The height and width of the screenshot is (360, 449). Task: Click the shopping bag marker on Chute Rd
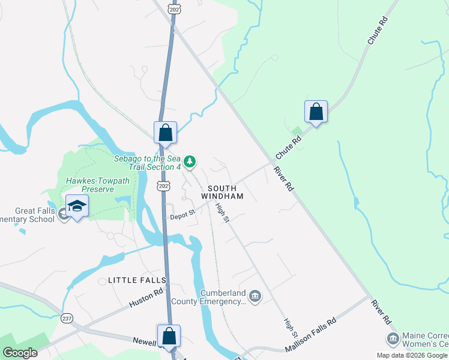tap(316, 112)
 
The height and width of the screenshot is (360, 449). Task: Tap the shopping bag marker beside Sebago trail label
tap(165, 133)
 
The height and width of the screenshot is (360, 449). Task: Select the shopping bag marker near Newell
tap(169, 336)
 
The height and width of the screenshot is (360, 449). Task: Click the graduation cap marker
tap(77, 207)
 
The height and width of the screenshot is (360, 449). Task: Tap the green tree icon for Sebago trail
tap(190, 161)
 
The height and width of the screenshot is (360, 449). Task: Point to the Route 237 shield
tap(66, 318)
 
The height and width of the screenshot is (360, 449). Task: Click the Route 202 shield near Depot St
tap(163, 187)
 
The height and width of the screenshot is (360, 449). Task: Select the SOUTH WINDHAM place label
tap(223, 192)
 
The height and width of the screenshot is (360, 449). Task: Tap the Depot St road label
tap(182, 214)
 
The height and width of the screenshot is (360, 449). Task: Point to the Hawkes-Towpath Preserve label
tap(89, 184)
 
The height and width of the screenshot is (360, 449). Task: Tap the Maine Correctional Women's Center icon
tap(393, 339)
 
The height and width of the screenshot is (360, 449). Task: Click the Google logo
tap(20, 352)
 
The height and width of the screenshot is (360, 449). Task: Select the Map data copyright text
tap(411, 355)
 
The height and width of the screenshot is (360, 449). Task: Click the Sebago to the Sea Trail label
tap(147, 162)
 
